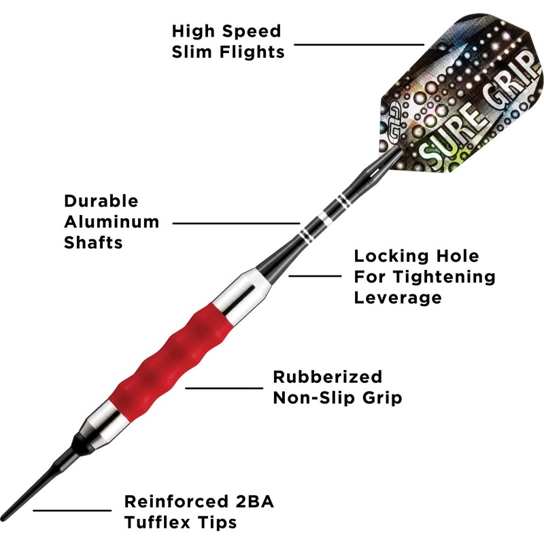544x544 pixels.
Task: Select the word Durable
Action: tap(101, 201)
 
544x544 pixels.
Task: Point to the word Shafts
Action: tap(94, 242)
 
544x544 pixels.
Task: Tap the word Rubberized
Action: tap(328, 377)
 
